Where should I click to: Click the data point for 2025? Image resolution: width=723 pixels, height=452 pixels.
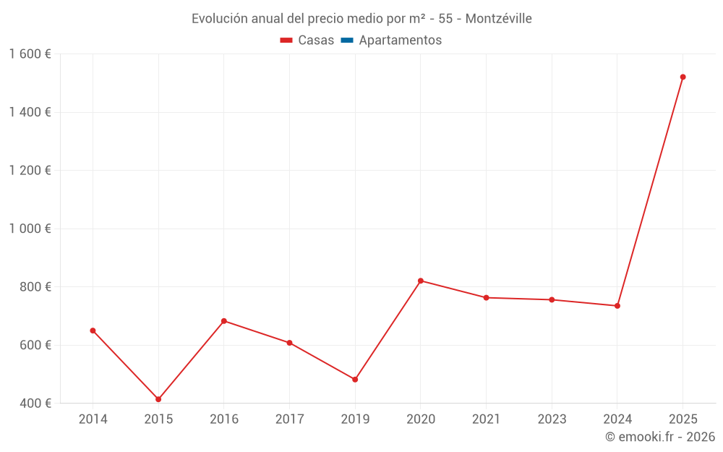pyautogui.click(x=683, y=77)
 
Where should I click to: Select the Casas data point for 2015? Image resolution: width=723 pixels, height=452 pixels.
pyautogui.click(x=158, y=399)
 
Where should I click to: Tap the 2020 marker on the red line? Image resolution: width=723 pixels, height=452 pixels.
pyautogui.click(x=421, y=281)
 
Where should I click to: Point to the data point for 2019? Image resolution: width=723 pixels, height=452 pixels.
pyautogui.click(x=355, y=380)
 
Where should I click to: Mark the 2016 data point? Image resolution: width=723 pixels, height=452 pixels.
pyautogui.click(x=224, y=321)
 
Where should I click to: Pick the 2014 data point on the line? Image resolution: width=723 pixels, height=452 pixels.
pyautogui.click(x=93, y=331)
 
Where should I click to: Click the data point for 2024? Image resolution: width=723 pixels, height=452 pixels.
pyautogui.click(x=617, y=306)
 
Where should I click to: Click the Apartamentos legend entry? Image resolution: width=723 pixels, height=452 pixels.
pyautogui.click(x=400, y=40)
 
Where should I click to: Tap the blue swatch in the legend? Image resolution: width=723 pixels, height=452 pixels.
pyautogui.click(x=346, y=40)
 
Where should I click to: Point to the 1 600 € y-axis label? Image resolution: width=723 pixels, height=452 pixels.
pyautogui.click(x=30, y=54)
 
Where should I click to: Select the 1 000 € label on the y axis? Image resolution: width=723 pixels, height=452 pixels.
pyautogui.click(x=30, y=229)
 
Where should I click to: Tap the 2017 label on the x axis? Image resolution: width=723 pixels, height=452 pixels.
pyautogui.click(x=289, y=419)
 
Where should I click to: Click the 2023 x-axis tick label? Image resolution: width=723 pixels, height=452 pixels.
pyautogui.click(x=552, y=419)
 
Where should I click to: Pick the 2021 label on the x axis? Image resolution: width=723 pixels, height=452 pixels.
pyautogui.click(x=486, y=419)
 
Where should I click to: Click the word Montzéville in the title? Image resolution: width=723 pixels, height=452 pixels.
pyautogui.click(x=499, y=19)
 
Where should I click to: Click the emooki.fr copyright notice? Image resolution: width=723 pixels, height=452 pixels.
pyautogui.click(x=660, y=437)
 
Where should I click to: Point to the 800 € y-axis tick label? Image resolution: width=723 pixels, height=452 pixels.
pyautogui.click(x=35, y=286)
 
